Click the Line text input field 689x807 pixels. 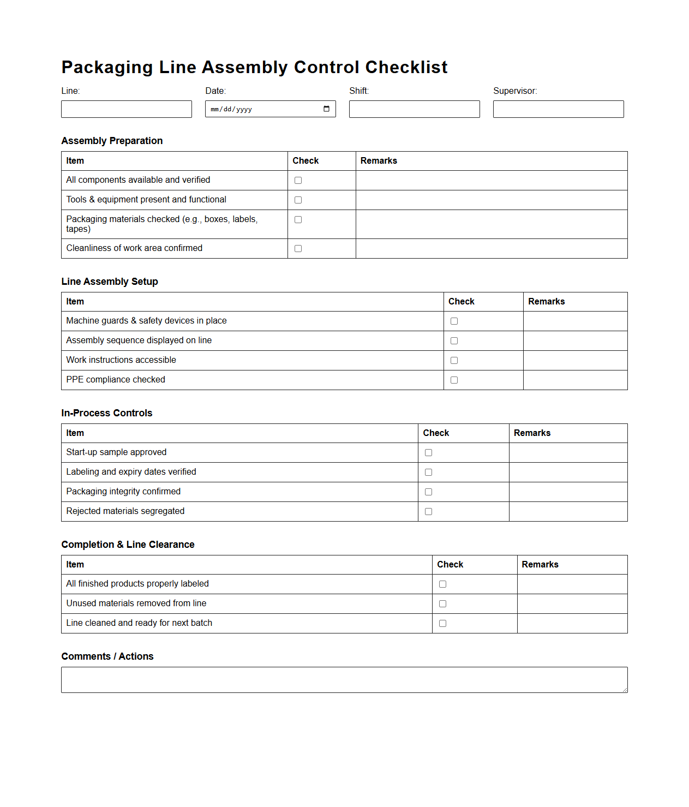[x=126, y=109]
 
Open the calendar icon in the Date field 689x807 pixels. [x=326, y=109]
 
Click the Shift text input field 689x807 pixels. [x=414, y=109]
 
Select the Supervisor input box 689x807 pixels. [x=558, y=109]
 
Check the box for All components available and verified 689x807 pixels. [x=298, y=181]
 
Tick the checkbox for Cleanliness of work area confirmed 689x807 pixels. [x=298, y=249]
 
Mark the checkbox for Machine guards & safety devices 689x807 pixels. [x=454, y=321]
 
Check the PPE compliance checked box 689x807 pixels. [x=454, y=380]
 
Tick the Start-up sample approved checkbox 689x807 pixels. [x=428, y=453]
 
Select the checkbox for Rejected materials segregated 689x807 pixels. [x=428, y=512]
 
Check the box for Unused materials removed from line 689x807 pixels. [x=442, y=604]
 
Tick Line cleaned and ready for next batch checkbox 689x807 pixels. [x=442, y=624]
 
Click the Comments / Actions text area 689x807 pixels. [x=344, y=680]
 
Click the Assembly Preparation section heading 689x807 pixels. [x=112, y=141]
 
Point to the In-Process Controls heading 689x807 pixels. [x=106, y=413]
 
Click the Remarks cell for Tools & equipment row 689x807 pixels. [x=491, y=200]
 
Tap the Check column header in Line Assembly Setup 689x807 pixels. [x=461, y=302]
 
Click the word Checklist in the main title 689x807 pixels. [x=406, y=67]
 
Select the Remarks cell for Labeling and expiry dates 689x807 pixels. [x=568, y=473]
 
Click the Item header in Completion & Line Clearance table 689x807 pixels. [x=75, y=565]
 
